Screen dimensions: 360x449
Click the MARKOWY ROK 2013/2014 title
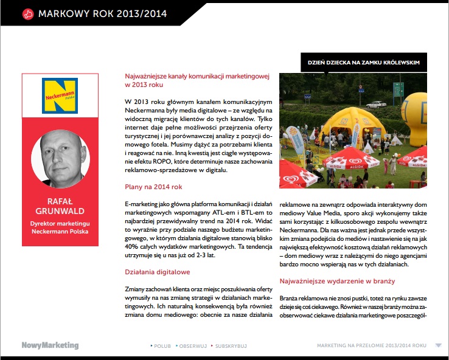102,13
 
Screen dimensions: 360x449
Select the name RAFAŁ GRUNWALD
60,207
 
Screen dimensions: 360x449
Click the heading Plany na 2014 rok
153,187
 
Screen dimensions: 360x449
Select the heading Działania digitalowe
158,272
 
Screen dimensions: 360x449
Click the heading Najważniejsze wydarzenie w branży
337,281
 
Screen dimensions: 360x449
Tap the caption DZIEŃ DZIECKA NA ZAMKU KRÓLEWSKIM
363,63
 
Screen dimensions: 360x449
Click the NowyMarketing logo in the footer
50,345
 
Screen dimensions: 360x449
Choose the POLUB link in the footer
161,346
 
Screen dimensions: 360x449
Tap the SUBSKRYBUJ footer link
230,346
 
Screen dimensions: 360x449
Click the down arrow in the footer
438,345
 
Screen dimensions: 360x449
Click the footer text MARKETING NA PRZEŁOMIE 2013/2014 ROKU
371,346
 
